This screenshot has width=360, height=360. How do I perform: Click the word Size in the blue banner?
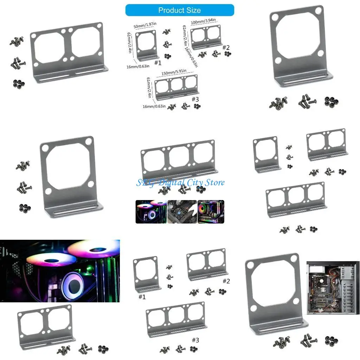pos(194,10)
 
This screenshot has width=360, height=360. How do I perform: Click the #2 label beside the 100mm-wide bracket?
pos(226,47)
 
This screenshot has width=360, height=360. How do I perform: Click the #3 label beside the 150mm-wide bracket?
pos(196,99)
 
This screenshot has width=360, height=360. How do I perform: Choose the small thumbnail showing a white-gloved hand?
pos(182,212)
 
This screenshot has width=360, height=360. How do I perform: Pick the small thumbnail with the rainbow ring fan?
pos(211,212)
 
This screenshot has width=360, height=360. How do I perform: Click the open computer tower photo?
pos(333,288)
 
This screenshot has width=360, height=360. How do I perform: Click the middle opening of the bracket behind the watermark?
pos(179,157)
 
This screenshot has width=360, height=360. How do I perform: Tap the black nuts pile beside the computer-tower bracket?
pos(331,340)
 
